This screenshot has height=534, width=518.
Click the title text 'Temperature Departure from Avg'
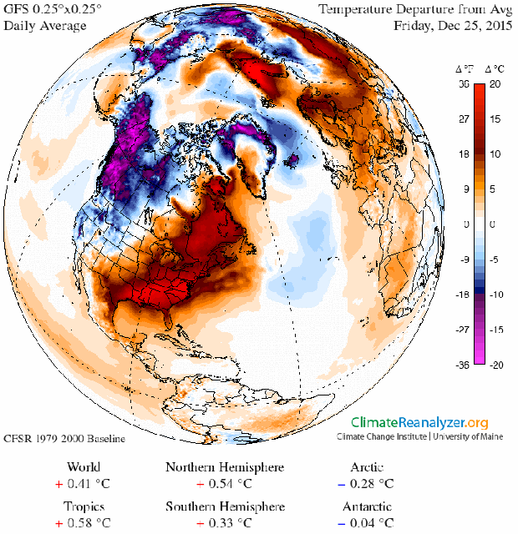(414, 10)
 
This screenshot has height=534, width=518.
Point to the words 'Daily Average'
(45, 26)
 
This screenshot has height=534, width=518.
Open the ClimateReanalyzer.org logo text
(419, 423)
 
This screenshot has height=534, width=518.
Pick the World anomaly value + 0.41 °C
(84, 483)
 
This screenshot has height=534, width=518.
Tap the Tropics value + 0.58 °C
(84, 523)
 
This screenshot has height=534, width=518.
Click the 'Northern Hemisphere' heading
(225, 466)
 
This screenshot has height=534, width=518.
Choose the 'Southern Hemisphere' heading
(225, 506)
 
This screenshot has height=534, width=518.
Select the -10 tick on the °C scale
(496, 295)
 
